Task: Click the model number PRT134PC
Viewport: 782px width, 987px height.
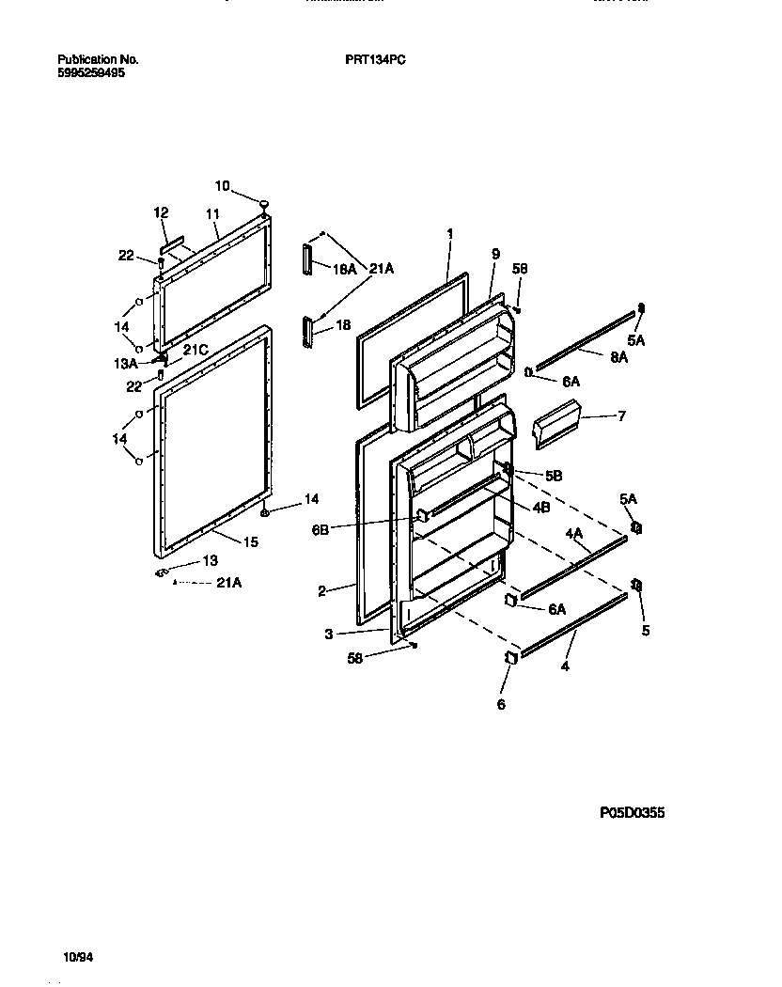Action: pos(375,59)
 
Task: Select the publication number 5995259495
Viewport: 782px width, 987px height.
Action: pos(90,71)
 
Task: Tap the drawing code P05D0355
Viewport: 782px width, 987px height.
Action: pos(631,813)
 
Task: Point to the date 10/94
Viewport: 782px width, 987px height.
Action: pos(78,958)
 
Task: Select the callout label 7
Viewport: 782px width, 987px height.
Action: pos(621,415)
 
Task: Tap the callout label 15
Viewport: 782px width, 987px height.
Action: pos(250,541)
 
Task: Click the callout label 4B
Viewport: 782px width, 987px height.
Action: pos(540,508)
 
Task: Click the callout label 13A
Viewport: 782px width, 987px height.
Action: pos(126,363)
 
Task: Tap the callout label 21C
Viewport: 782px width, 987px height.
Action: pos(195,350)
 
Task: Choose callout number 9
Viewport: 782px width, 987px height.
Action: pos(495,254)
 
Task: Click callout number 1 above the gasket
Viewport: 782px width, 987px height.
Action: pos(449,232)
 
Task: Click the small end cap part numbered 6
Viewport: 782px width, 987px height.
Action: pos(513,658)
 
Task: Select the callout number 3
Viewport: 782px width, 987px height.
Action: pos(328,634)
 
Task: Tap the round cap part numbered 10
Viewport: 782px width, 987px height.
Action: pos(265,202)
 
